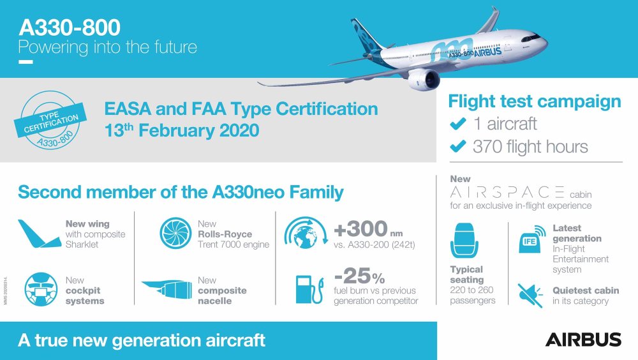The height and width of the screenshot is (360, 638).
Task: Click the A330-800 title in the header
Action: point(70,27)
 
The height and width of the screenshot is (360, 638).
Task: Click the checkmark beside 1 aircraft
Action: point(457,123)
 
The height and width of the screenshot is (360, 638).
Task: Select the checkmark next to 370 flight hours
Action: point(457,147)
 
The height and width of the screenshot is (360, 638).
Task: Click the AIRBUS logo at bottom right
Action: point(582,339)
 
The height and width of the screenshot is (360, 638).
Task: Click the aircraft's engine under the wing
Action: point(424,80)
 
